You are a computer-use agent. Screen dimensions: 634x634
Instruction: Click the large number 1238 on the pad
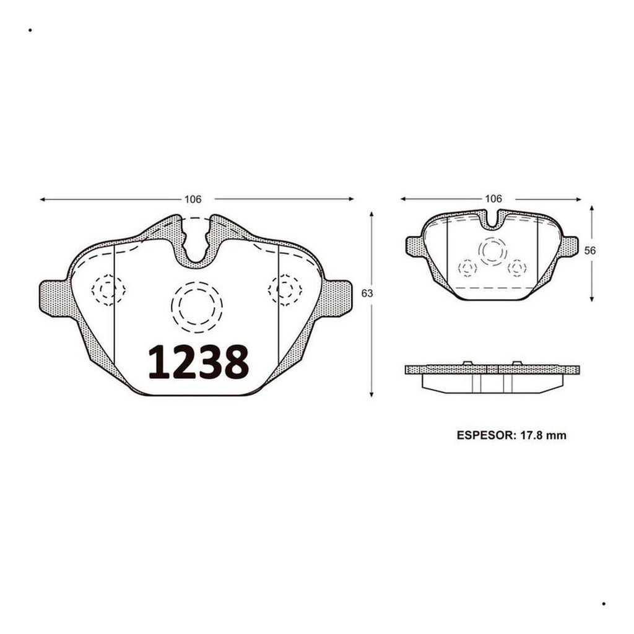[x=199, y=362]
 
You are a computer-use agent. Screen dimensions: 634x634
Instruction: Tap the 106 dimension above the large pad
[x=193, y=199]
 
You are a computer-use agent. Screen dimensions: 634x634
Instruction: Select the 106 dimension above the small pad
[x=493, y=199]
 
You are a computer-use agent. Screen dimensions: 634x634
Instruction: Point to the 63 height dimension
[x=367, y=293]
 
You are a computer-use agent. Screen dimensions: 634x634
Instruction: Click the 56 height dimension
[x=590, y=251]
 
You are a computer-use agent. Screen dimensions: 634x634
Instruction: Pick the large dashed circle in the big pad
[x=197, y=307]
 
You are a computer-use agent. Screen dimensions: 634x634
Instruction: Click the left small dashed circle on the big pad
[x=108, y=290]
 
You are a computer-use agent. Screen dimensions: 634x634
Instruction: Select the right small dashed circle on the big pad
[x=285, y=290]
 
